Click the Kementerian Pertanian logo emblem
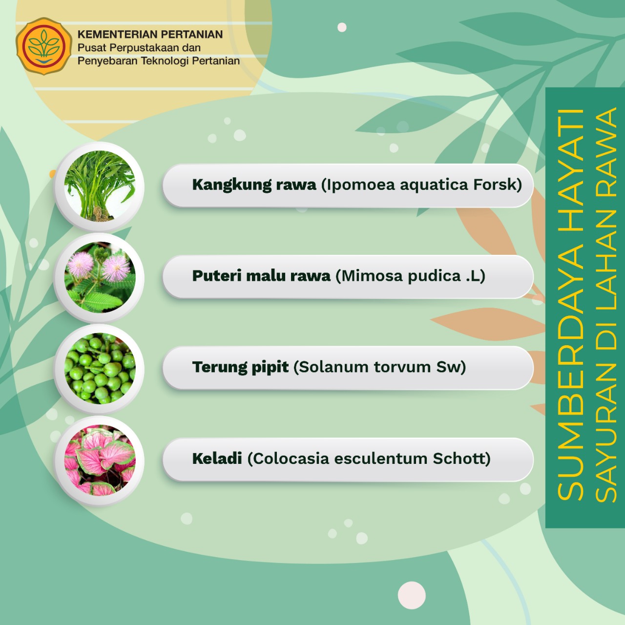pyautogui.click(x=44, y=46)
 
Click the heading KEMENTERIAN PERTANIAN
pyautogui.click(x=150, y=34)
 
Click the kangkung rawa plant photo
pyautogui.click(x=100, y=186)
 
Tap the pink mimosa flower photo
pyautogui.click(x=100, y=277)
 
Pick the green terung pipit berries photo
pyautogui.click(x=100, y=369)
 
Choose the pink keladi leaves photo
pyautogui.click(x=100, y=460)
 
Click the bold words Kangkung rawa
pyautogui.click(x=254, y=185)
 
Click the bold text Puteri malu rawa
pyautogui.click(x=261, y=276)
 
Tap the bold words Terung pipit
pyautogui.click(x=240, y=368)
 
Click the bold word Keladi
pyautogui.click(x=217, y=458)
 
